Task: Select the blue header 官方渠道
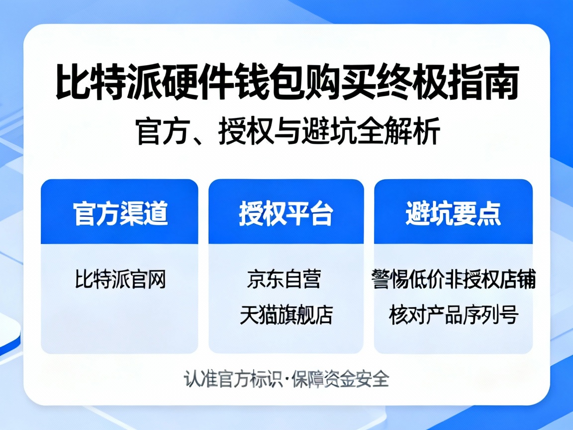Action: pos(120,214)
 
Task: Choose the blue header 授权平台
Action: pos(286,214)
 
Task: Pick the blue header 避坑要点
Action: pos(453,214)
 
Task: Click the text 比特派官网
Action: pos(120,279)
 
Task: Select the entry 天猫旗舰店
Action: pos(286,315)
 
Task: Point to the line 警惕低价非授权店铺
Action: pos(453,279)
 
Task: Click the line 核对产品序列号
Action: pos(453,315)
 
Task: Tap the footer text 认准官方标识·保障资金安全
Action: pos(286,379)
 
